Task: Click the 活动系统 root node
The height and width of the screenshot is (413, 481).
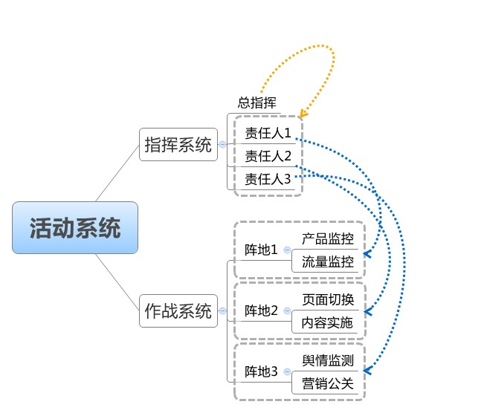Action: [75, 227]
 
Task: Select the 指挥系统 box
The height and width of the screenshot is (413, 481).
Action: [178, 144]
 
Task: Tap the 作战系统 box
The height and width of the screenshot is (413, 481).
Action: [178, 310]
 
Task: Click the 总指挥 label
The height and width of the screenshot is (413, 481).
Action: [257, 103]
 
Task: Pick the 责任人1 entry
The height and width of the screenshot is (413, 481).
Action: [268, 134]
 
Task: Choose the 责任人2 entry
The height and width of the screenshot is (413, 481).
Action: [268, 156]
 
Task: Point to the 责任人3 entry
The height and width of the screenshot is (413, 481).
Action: [268, 178]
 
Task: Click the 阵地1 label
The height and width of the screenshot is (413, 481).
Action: [261, 249]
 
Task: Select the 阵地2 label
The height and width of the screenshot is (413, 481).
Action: [261, 310]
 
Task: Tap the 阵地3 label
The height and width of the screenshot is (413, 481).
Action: [261, 371]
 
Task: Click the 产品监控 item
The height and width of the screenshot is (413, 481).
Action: [328, 238]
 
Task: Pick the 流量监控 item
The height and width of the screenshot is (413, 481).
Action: [328, 261]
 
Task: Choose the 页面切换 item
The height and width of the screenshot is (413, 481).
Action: [328, 299]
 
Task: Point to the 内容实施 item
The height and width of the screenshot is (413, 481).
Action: [328, 323]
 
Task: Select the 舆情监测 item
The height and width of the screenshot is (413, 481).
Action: [328, 360]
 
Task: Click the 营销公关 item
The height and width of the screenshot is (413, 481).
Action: [328, 384]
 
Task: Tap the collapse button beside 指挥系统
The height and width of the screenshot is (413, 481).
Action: [222, 145]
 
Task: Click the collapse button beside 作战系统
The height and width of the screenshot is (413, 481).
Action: [222, 310]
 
